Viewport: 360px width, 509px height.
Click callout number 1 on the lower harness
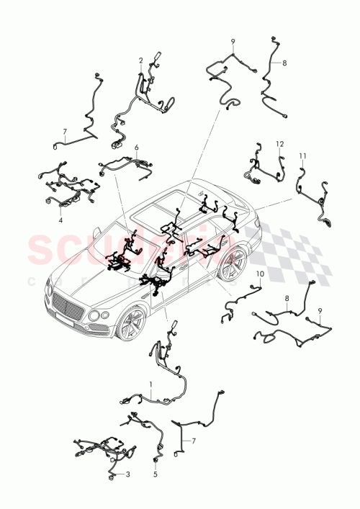point(150,384)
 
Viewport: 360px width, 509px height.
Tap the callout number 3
point(127,474)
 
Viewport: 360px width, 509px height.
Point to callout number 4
point(60,220)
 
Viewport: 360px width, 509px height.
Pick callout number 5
point(155,475)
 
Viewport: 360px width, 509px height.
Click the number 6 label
point(136,147)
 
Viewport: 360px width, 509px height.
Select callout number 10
point(260,274)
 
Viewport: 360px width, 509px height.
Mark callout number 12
point(279,144)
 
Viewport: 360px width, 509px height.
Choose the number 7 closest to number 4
point(64,132)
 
